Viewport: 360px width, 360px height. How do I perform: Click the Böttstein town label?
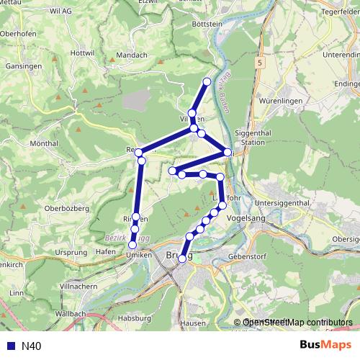tap(189, 23)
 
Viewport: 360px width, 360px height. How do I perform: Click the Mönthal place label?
tap(44, 144)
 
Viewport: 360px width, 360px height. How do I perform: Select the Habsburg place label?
tap(136, 318)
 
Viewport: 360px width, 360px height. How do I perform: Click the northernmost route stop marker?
tap(207, 81)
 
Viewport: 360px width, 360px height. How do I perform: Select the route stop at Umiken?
tap(132, 246)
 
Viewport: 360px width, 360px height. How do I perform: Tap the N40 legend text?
tap(31, 346)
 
